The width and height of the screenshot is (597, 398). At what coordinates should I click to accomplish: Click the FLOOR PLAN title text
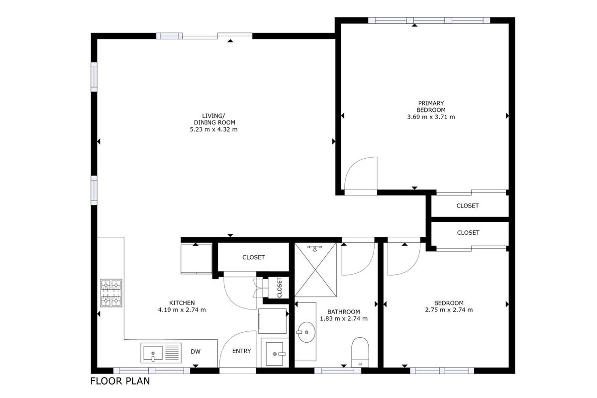click(120, 381)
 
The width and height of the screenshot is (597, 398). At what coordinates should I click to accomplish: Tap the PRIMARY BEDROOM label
click(431, 106)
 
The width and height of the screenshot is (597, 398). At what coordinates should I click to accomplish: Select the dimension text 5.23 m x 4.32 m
click(213, 129)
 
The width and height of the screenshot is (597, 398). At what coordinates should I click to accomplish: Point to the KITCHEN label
click(182, 303)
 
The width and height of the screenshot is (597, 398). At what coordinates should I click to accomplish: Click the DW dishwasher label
click(196, 351)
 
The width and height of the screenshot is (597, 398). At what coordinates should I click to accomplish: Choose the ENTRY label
click(241, 351)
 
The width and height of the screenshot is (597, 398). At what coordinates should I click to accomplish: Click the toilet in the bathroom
click(360, 352)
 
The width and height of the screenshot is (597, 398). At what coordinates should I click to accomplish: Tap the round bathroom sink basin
click(306, 332)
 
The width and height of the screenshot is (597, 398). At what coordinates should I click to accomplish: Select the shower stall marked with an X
click(315, 270)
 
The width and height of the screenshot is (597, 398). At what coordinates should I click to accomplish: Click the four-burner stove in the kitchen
click(111, 293)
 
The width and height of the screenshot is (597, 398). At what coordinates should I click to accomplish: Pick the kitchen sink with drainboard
click(161, 353)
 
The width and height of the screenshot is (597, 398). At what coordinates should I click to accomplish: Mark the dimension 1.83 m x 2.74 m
click(344, 318)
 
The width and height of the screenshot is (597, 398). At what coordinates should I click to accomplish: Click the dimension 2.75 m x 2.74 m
click(449, 310)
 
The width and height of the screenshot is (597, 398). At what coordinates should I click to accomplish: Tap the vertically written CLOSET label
click(279, 288)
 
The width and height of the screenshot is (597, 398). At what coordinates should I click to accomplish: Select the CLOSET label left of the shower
click(253, 257)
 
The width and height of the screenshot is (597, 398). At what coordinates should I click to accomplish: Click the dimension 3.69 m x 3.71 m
click(431, 117)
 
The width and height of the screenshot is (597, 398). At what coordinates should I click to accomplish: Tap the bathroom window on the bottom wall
click(338, 371)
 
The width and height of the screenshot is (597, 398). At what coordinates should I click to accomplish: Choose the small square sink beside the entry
click(275, 354)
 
